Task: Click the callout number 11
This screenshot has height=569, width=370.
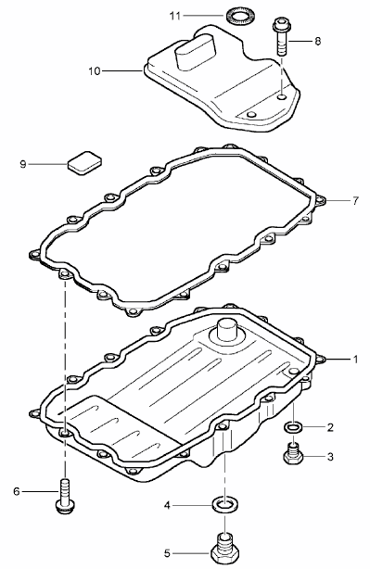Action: pos(174,16)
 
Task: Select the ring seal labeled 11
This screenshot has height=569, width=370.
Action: pos(236,17)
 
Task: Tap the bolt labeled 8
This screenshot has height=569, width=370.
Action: pos(281,36)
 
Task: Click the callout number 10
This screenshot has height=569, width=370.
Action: pos(94,71)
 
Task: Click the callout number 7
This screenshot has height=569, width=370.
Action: pos(355,200)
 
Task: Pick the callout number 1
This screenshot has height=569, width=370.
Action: pos(355,360)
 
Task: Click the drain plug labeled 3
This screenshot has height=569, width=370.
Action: pos(293,453)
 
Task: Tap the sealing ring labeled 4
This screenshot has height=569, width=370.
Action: pos(224,505)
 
